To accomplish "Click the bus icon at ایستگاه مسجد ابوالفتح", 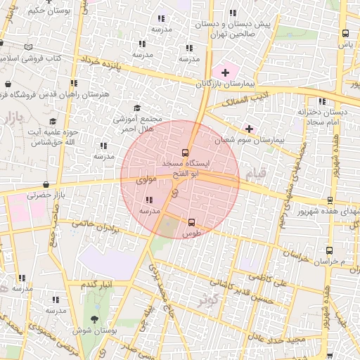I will tap(186, 152).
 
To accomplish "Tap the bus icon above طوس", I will tap(192, 221).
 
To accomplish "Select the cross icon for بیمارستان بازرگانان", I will tap(225, 72).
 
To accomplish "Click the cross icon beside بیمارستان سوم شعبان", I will tap(249, 129).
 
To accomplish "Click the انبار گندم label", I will tap(97, 284).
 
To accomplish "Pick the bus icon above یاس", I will tap(345, 33).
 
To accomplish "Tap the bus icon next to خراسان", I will tap(329, 250).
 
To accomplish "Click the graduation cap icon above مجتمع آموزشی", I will tap(136, 108).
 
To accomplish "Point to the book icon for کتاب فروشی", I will tap(28, 47).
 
